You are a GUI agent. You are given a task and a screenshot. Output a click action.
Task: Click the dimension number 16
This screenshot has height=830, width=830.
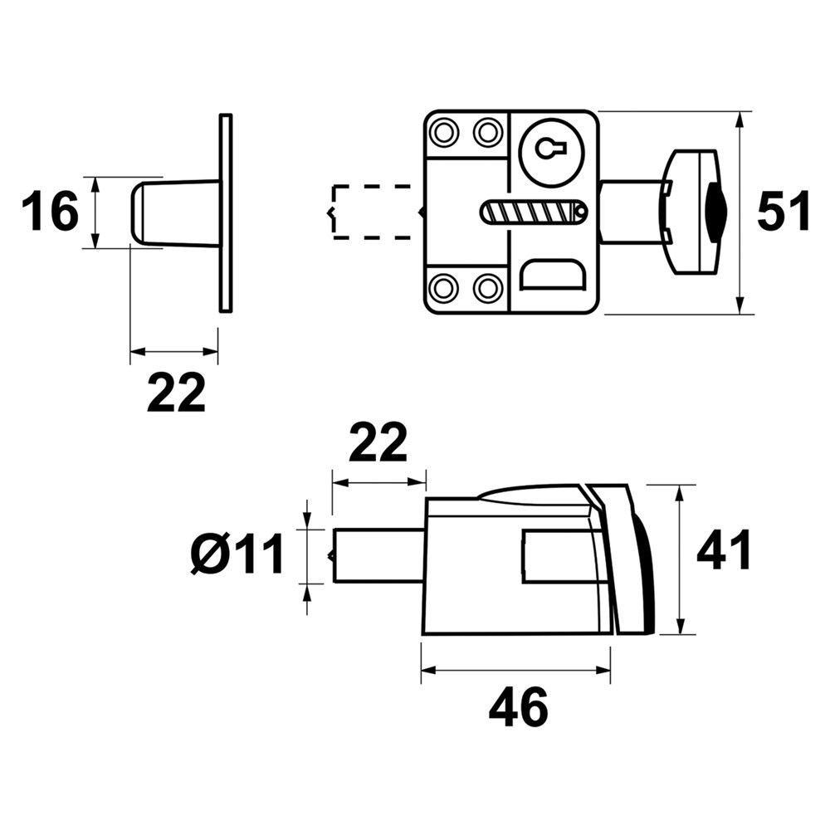(50, 212)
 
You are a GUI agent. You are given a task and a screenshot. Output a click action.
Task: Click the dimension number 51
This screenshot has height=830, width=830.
(784, 212)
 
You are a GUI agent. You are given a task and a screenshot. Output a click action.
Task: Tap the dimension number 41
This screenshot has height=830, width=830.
(724, 549)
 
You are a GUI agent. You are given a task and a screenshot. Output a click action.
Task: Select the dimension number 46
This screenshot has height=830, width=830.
(519, 708)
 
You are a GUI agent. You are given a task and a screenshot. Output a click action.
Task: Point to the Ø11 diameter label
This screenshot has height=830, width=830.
(237, 554)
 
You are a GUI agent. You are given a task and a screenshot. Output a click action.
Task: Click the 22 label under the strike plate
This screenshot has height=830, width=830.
(176, 393)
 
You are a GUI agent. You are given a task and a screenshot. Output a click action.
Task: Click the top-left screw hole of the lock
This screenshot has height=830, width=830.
(445, 131)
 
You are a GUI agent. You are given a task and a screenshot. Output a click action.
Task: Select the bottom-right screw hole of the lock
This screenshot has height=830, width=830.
(487, 289)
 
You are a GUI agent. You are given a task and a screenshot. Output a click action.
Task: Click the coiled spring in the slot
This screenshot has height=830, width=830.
(531, 212)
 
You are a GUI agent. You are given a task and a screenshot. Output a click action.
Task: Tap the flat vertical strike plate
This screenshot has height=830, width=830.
(226, 212)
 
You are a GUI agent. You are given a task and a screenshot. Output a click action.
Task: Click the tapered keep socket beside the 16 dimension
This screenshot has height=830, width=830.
(174, 212)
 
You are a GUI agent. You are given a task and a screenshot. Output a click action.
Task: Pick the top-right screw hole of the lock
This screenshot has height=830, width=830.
(487, 131)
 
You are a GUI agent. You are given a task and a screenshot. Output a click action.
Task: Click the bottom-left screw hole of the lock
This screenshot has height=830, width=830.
(445, 289)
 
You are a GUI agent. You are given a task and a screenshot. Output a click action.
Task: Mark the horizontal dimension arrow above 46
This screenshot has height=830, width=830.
(515, 671)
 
